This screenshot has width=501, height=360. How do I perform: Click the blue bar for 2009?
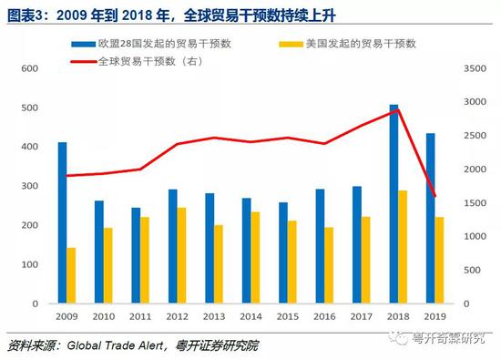[62, 223]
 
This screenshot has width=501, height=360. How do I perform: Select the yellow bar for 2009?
[71, 276]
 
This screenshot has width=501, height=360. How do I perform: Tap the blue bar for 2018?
[394, 205]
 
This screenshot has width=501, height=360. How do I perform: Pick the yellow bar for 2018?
[403, 247]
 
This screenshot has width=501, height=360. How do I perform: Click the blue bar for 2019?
[430, 219]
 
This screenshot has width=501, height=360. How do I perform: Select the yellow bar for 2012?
[182, 256]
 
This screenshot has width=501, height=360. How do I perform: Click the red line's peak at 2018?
[397, 109]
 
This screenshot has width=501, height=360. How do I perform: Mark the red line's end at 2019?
[434, 196]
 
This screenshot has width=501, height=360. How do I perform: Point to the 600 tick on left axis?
[30, 69]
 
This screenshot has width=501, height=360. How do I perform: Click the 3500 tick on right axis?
[475, 69]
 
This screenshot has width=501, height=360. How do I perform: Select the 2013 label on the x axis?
[214, 316]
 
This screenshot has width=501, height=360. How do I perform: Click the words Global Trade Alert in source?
[116, 344]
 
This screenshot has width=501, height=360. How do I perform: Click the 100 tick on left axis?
[30, 264]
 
